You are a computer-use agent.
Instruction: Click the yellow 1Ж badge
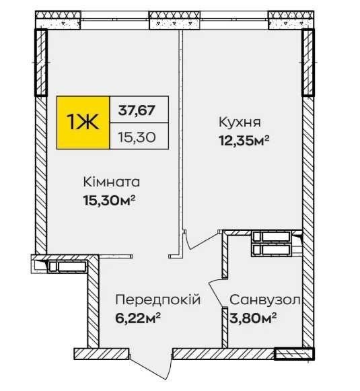pos(83,122)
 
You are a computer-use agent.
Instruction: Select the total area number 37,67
pos(137,110)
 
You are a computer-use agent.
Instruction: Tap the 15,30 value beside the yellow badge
pos(137,137)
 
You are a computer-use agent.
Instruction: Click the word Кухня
pos(240,122)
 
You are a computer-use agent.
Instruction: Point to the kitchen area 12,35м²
pos(244,140)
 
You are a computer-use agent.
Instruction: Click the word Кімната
pos(112,182)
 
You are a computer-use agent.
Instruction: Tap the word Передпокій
pos(158,299)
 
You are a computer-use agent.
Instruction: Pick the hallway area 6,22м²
pos(138,318)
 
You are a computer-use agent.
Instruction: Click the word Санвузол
pos(264,299)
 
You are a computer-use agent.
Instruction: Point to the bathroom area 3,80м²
pos(253,318)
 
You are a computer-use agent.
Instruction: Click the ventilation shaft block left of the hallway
pos(67,266)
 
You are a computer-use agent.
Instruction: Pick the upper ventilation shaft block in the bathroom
pos(271,236)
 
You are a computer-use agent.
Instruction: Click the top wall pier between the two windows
pos(174,20)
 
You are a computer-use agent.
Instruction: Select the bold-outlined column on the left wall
pos(40,63)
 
